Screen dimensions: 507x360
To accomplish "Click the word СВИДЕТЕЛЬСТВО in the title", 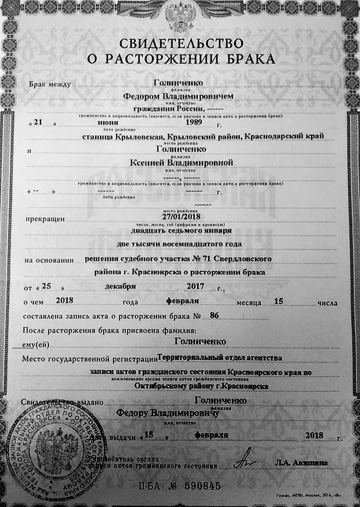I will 181,44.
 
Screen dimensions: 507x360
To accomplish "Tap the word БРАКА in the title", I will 250,59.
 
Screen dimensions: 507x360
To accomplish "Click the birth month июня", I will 108,123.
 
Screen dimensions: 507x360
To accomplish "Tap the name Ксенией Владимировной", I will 181,163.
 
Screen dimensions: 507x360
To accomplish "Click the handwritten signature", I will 247,460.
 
